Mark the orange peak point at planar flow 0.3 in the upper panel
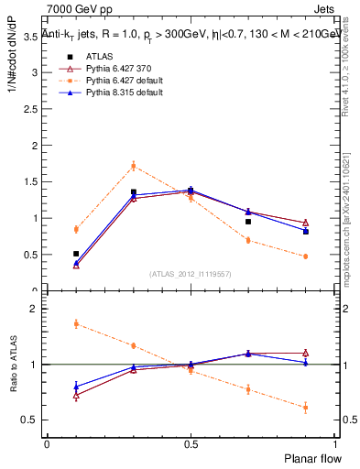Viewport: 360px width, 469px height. coord(134,166)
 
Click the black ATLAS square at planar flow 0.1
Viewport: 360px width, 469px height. coord(76,254)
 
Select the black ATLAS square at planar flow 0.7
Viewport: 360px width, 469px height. coord(248,222)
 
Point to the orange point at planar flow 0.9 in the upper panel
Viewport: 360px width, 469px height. coord(305,256)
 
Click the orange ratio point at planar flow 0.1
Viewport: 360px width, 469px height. coord(76,323)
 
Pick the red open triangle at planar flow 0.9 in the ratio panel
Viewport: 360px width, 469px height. coord(305,353)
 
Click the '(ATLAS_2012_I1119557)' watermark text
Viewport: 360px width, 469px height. coord(191,274)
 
